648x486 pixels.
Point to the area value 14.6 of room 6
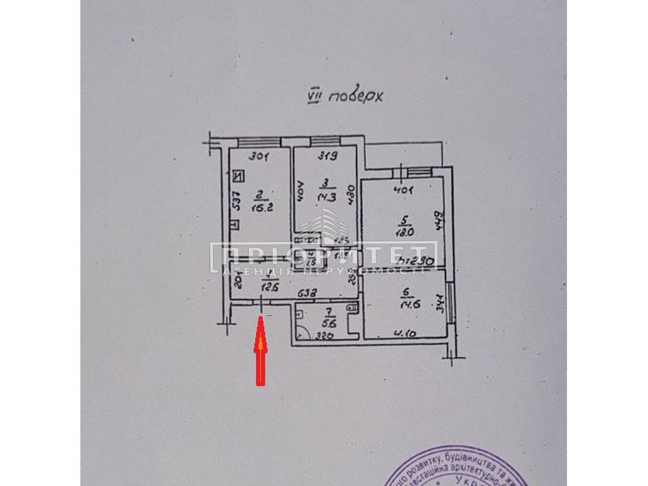(x=406, y=304)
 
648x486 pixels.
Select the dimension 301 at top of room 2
(x=259, y=156)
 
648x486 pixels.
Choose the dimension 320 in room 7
(x=324, y=335)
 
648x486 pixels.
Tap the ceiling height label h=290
(x=416, y=260)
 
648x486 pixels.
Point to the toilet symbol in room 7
(x=352, y=308)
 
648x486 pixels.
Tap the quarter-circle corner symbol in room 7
(x=302, y=333)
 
